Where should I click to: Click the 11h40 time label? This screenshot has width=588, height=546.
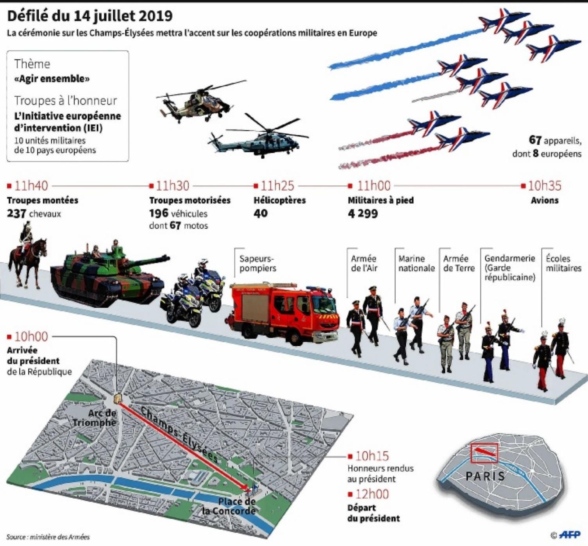31,186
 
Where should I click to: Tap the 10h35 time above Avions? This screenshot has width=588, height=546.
545,186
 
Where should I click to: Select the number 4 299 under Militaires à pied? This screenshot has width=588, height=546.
363,213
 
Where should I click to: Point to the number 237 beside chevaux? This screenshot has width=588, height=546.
16,213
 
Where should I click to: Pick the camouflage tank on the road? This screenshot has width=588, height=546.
108,274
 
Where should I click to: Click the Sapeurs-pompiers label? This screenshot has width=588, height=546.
257,263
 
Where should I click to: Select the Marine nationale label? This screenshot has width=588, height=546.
416,263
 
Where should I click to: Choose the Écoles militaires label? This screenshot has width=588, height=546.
563,263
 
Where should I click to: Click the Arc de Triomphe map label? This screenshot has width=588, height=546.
95,418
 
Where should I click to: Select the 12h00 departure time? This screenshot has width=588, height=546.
372,494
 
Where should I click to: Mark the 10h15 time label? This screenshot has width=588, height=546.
372,456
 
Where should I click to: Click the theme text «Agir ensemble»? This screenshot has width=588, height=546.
52,79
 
